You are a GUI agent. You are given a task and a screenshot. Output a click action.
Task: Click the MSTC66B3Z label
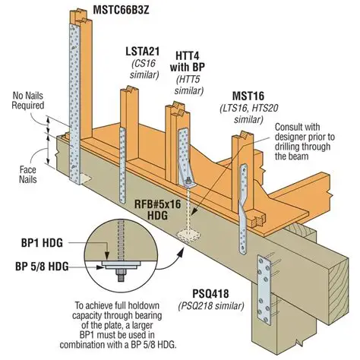click(121, 10)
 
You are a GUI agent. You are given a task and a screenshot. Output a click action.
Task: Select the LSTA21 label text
click(143, 52)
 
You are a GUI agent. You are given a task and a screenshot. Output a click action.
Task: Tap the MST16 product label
click(248, 96)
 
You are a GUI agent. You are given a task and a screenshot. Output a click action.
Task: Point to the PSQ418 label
click(210, 294)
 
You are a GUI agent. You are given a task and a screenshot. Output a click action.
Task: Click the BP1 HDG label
click(42, 243)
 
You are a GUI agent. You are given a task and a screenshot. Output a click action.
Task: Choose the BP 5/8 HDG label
click(42, 267)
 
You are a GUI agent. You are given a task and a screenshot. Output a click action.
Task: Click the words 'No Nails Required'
click(28, 100)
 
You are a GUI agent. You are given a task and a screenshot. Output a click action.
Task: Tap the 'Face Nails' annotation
click(28, 175)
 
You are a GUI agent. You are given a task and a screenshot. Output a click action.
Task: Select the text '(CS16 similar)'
click(144, 69)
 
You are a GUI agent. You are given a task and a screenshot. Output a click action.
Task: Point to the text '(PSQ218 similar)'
click(211, 306)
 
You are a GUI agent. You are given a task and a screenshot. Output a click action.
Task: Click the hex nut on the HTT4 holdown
click(188, 181)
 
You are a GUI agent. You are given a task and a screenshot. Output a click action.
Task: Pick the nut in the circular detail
click(121, 273)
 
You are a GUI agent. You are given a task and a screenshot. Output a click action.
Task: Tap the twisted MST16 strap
click(242, 208)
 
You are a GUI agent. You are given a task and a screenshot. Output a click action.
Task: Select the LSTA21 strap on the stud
click(122, 166)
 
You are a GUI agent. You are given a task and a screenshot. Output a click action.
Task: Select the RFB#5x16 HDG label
click(157, 210)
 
